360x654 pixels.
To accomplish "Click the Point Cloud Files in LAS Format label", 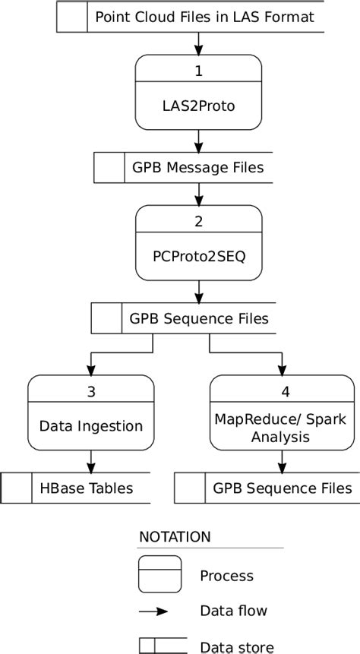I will (x=204, y=17).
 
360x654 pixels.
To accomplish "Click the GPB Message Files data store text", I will (x=198, y=168).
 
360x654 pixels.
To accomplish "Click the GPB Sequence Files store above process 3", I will (x=199, y=318).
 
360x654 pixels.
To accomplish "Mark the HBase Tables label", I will (x=86, y=488).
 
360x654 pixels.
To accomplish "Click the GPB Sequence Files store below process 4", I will (x=283, y=488).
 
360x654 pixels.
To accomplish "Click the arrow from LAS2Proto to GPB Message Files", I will (x=199, y=141).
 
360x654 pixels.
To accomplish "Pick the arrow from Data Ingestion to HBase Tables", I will (x=91, y=461).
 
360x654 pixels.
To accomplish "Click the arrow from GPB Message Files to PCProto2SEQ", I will (x=199, y=194).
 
